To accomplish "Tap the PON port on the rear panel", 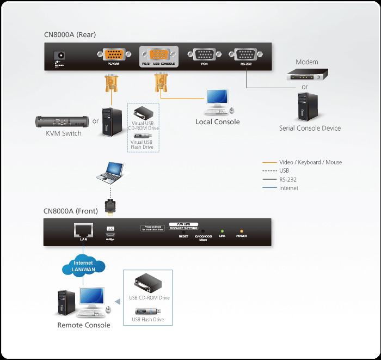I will [205, 54].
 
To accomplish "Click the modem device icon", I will [308, 75].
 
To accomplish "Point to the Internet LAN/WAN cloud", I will [83, 266].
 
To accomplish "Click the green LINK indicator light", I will [222, 230].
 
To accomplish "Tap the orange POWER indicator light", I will [241, 230].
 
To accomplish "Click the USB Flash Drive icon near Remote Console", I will [148, 311].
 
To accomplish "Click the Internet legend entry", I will [288, 188].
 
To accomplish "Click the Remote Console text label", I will [84, 325].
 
